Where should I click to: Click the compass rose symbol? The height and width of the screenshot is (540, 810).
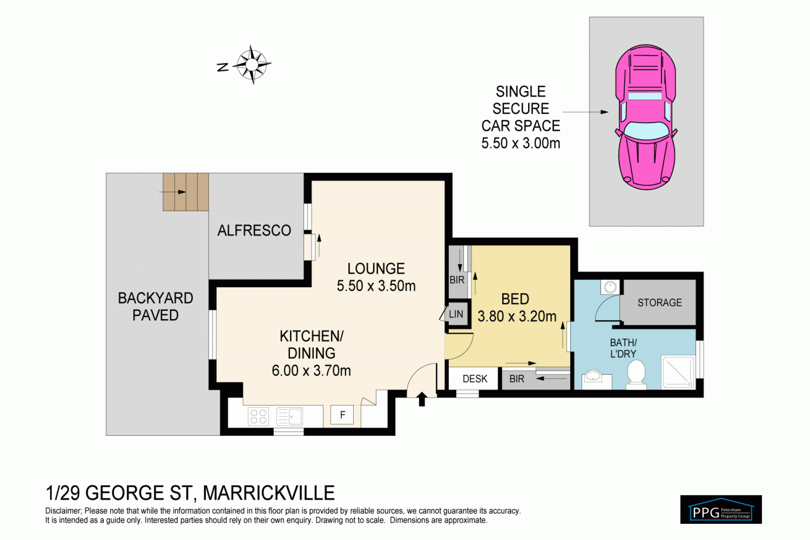[x=252, y=64]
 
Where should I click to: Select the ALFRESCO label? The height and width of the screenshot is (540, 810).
[x=254, y=231]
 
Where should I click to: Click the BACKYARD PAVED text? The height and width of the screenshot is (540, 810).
[x=156, y=307]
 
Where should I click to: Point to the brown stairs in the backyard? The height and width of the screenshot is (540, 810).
[x=185, y=192]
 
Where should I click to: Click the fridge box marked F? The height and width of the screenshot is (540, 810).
[x=342, y=415]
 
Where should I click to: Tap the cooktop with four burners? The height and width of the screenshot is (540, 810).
[x=258, y=416]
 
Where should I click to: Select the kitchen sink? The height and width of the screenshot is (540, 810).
[x=290, y=416]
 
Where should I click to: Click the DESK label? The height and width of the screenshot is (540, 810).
[x=475, y=379]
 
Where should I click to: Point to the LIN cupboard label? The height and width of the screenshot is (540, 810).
[x=456, y=314]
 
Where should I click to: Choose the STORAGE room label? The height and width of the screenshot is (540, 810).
[x=660, y=303]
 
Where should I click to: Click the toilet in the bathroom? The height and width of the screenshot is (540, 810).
[x=636, y=374]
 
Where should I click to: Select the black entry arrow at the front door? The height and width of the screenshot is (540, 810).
[x=422, y=399]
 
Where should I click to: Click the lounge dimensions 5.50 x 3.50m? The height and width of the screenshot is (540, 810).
[x=376, y=286]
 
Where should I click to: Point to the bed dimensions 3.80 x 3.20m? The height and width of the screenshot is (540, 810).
[x=517, y=316]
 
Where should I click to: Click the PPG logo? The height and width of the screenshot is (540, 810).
[x=721, y=509]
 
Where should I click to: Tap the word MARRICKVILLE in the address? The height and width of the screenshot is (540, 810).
[x=269, y=493]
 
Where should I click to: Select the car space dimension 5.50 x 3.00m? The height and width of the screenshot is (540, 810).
[x=521, y=143]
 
